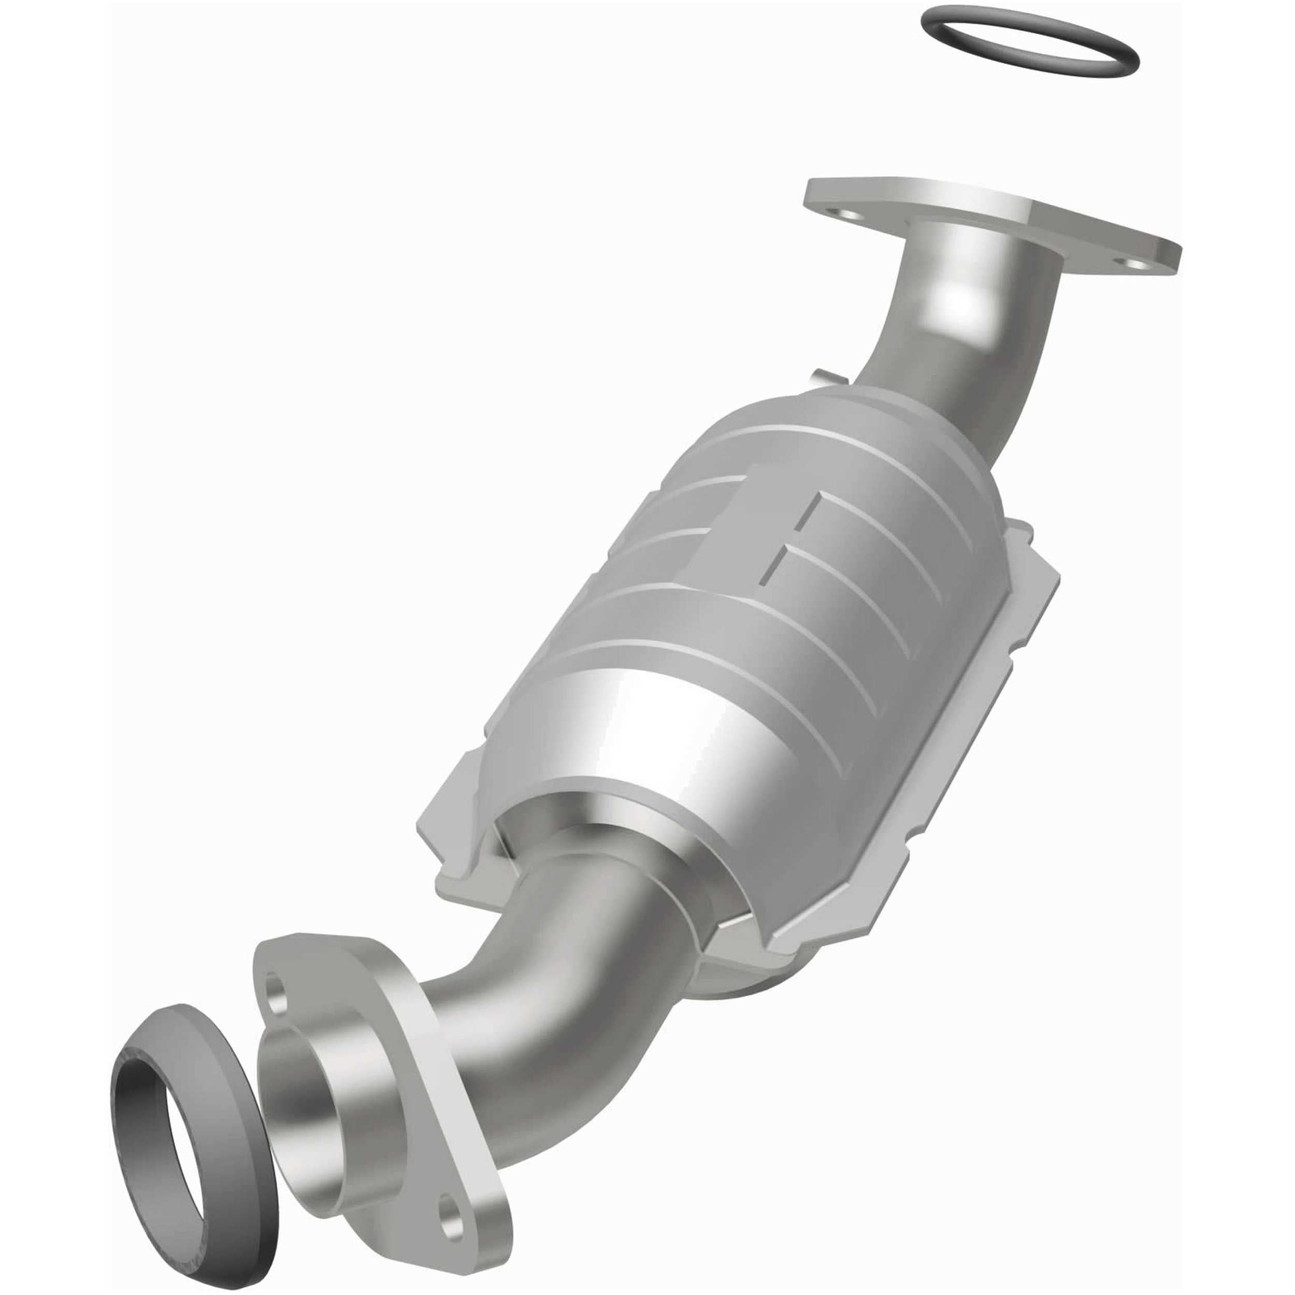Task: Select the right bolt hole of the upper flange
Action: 1138,265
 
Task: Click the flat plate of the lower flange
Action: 429,1086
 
